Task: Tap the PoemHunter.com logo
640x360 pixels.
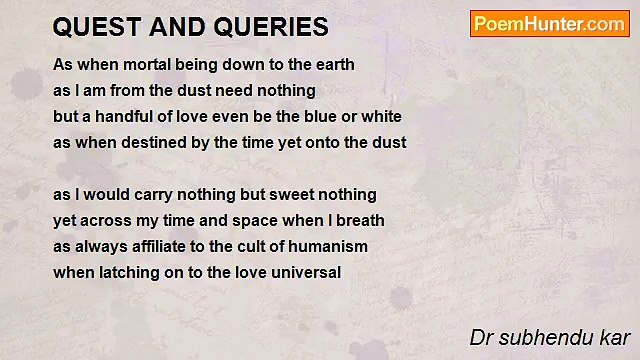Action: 549,24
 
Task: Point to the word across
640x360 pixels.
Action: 115,221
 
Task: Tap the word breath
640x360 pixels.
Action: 360,221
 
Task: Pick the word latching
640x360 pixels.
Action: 127,273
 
